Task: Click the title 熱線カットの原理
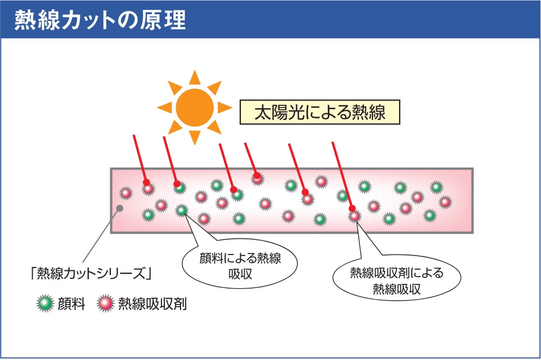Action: pos(100,20)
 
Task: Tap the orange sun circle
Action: pos(195,107)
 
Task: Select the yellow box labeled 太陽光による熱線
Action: pos(320,112)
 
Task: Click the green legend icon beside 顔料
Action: pos(45,303)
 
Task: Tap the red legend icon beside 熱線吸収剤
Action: pos(105,303)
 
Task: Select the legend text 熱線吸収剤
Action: pos(152,303)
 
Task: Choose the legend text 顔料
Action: pos(71,303)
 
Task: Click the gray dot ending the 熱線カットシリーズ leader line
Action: pos(120,207)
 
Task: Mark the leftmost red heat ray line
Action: pos(139,158)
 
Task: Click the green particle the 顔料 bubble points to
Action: pos(182,210)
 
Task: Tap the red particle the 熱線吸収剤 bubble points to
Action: pos(355,216)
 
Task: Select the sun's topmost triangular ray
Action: pos(195,77)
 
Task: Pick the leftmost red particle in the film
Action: pos(126,193)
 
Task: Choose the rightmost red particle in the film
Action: pos(445,202)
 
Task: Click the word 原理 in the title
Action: pos(169,20)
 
